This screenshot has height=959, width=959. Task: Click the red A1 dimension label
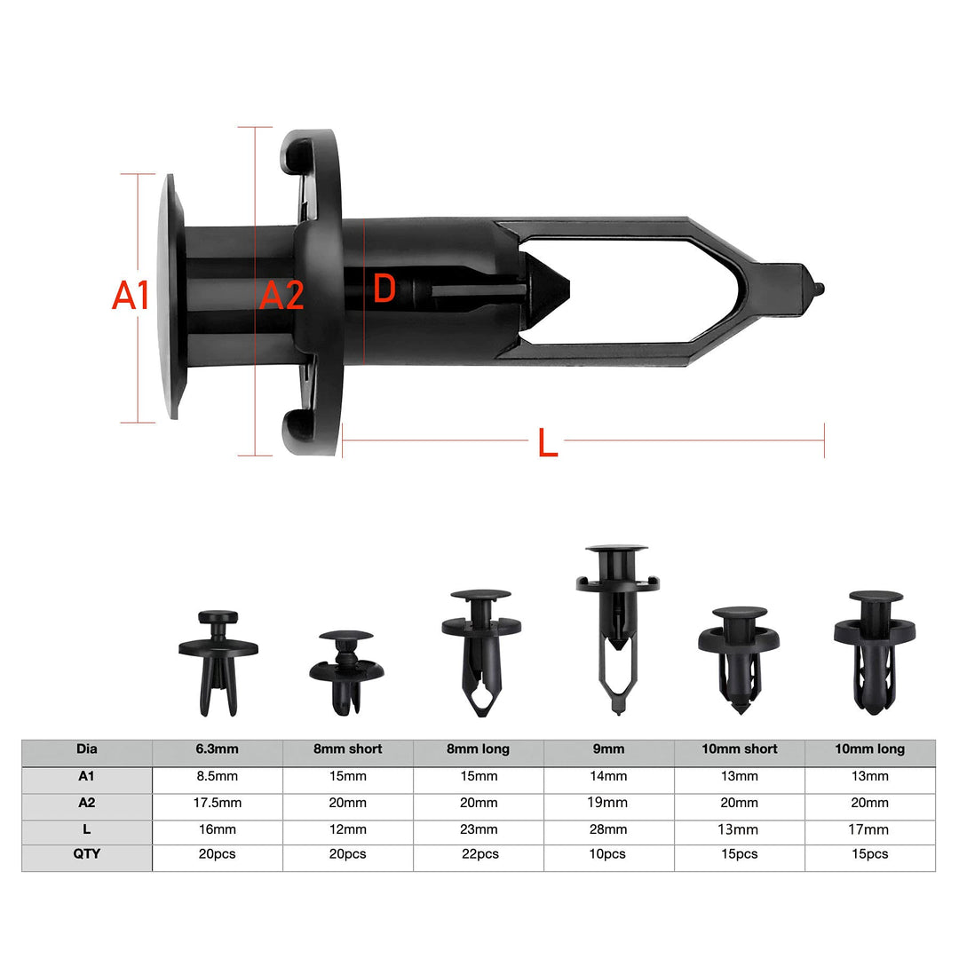131,296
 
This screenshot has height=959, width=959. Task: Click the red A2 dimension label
281,296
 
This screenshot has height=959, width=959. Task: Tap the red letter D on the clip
384,289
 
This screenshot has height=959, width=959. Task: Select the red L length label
548,443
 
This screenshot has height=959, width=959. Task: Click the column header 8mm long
478,749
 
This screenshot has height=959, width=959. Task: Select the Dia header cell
87,749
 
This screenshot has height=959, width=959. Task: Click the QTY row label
87,854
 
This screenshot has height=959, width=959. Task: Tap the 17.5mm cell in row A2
218,803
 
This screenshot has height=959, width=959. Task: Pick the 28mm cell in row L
608,829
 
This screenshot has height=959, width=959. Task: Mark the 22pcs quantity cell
478,854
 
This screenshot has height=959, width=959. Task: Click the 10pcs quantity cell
608,854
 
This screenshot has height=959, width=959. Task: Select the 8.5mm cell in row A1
218,776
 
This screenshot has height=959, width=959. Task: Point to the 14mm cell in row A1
608,776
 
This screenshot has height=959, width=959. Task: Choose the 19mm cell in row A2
608,803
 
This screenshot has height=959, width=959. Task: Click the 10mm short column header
739,749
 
